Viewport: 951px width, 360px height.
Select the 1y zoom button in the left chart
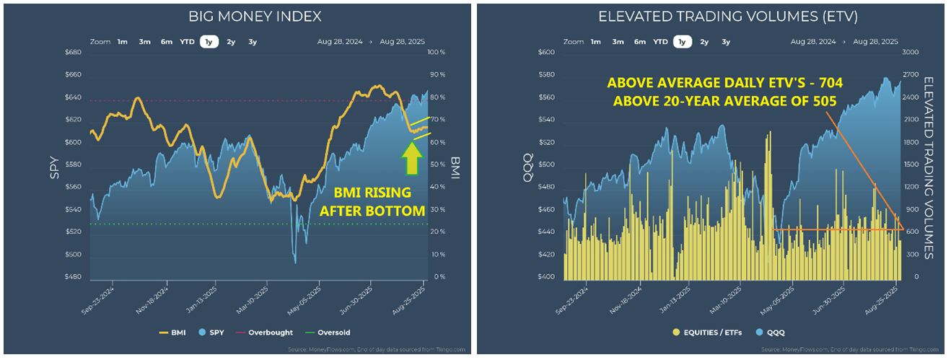209,42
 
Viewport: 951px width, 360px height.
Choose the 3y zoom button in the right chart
726,42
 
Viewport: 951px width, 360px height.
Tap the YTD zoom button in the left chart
188,42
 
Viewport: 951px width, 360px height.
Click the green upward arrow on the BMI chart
411,159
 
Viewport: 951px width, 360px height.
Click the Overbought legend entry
266,333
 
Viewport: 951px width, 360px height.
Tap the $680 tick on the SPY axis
74,53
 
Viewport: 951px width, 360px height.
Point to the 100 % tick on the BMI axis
437,53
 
